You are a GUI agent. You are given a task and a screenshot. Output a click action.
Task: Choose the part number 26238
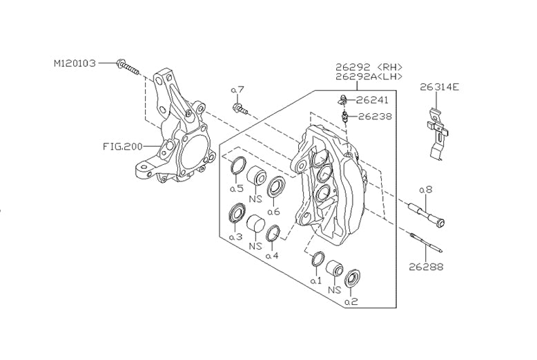click(375, 117)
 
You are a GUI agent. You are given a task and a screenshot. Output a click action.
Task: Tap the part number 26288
click(425, 266)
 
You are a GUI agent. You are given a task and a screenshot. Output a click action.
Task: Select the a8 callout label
click(425, 188)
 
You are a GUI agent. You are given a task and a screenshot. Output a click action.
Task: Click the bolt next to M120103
click(129, 67)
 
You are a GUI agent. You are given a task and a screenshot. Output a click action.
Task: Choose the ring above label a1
click(318, 261)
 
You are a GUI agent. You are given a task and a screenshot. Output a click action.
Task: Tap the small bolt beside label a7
click(241, 108)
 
